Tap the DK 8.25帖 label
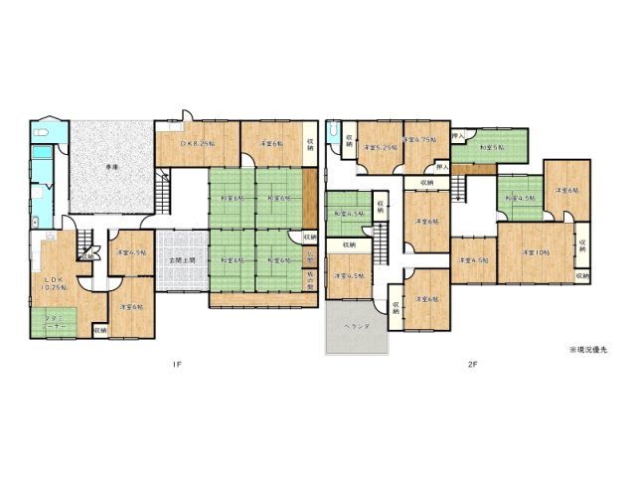196,143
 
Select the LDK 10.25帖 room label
52,285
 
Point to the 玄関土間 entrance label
182,259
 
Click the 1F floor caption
177,364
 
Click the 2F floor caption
473,364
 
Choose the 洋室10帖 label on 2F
538,253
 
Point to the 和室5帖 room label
491,148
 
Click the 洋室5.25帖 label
380,147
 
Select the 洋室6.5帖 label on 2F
350,275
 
